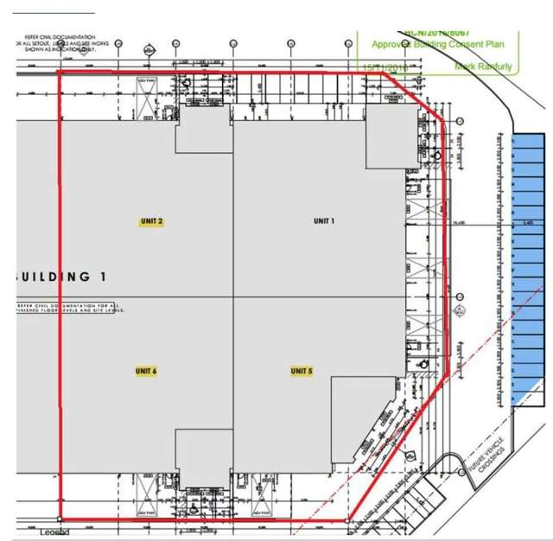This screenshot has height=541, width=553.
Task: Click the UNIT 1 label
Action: (324, 221)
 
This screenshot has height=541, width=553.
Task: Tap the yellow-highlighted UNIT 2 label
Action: (152, 222)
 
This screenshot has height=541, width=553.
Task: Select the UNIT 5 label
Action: (301, 372)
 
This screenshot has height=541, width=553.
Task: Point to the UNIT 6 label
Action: (146, 372)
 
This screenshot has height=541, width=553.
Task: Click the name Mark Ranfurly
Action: (483, 67)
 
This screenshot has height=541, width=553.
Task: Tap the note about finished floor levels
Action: (69, 308)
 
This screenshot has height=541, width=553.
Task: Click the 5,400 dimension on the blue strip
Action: (528, 224)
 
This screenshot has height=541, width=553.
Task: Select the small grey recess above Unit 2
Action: (204, 130)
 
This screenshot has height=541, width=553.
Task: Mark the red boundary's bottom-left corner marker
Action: (59, 519)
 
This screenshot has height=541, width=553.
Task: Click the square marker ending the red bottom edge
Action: (349, 521)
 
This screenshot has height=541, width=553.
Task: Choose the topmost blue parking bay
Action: (528, 144)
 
